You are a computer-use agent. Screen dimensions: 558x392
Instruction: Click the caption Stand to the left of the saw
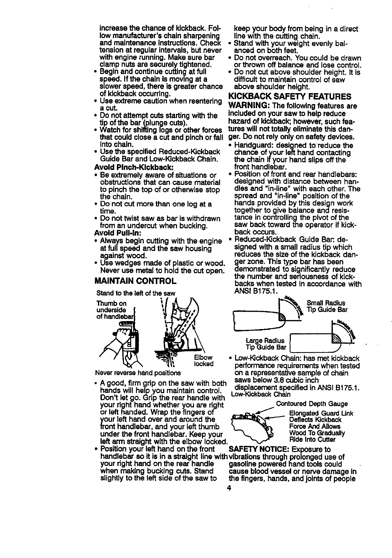pyautogui.click(x=136, y=293)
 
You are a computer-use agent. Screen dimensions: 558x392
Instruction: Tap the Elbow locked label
pyautogui.click(x=204, y=360)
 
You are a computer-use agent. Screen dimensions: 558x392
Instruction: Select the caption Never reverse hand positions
pyautogui.click(x=138, y=372)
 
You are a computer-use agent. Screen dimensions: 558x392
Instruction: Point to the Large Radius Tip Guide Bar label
pyautogui.click(x=266, y=344)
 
